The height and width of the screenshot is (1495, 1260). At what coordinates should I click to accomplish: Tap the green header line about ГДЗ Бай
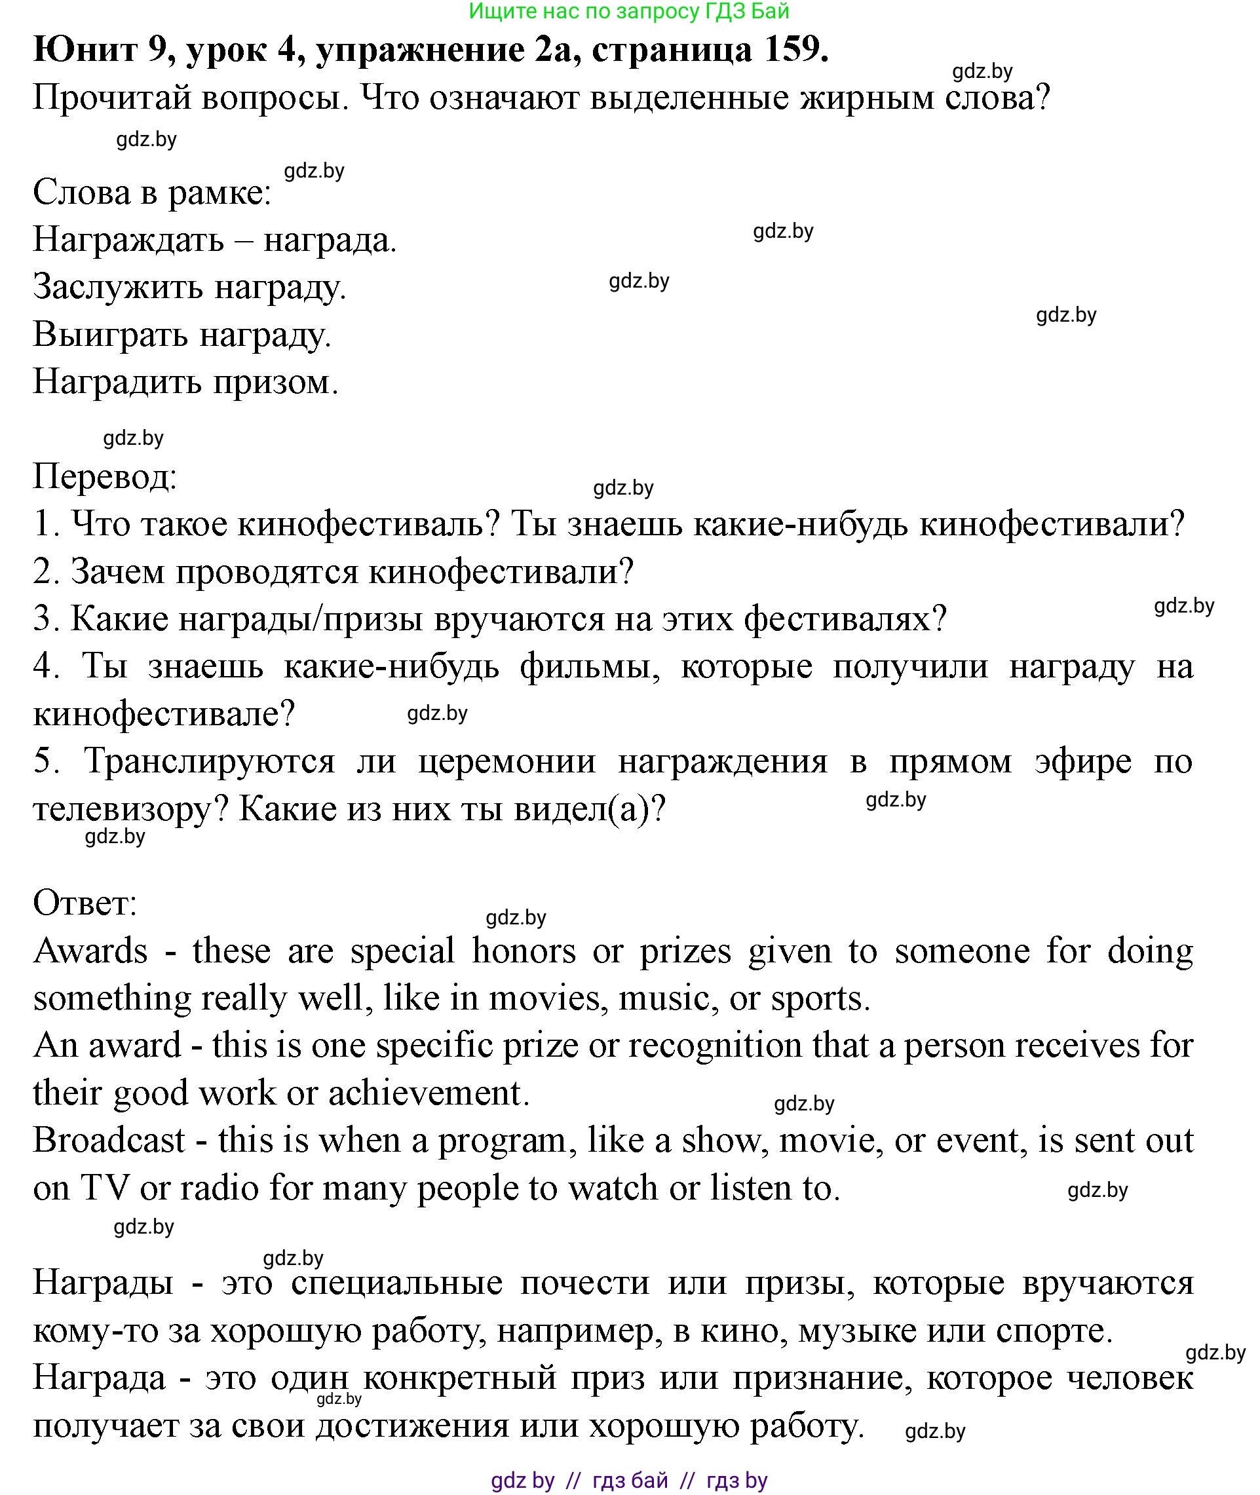click(x=629, y=11)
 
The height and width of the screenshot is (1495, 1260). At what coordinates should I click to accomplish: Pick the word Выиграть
click(x=111, y=335)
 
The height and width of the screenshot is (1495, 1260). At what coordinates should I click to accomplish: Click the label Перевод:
click(x=105, y=476)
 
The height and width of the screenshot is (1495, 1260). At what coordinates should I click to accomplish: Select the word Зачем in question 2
click(x=118, y=571)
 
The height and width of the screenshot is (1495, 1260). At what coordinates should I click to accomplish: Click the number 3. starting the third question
click(x=47, y=618)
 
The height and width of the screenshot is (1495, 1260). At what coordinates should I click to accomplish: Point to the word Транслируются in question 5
click(x=209, y=761)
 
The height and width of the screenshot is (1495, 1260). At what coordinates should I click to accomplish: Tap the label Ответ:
click(x=85, y=903)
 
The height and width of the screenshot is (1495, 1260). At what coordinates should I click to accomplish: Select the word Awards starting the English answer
click(x=90, y=951)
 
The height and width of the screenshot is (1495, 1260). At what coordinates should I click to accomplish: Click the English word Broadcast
click(x=109, y=1140)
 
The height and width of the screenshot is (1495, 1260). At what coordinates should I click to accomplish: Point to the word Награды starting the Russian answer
click(x=103, y=1283)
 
